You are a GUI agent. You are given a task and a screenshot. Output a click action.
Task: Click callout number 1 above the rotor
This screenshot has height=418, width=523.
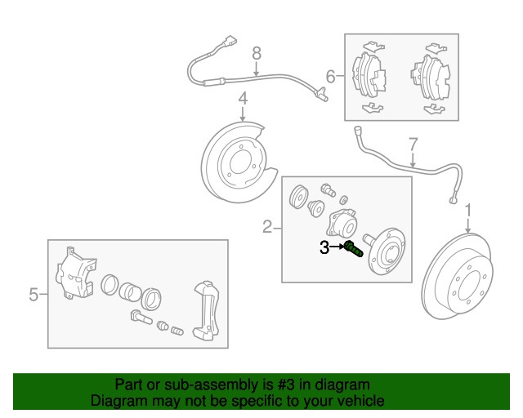coord(468,211)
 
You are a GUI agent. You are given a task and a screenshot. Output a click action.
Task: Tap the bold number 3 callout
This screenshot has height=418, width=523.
coord(324,247)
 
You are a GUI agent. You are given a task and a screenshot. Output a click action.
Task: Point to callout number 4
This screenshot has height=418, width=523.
coord(243,100)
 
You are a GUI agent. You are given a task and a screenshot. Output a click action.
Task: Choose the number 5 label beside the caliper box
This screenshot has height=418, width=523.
coord(34,294)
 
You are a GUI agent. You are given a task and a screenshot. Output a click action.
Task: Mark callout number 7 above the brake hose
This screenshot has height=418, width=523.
coord(413,145)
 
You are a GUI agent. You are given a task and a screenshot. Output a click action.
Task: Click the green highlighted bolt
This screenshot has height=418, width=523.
coord(353,248)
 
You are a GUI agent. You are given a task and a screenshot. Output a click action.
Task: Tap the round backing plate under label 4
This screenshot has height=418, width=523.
coord(237,159)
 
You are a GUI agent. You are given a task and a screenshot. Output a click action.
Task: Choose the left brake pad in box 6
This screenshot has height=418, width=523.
coord(369,74)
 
